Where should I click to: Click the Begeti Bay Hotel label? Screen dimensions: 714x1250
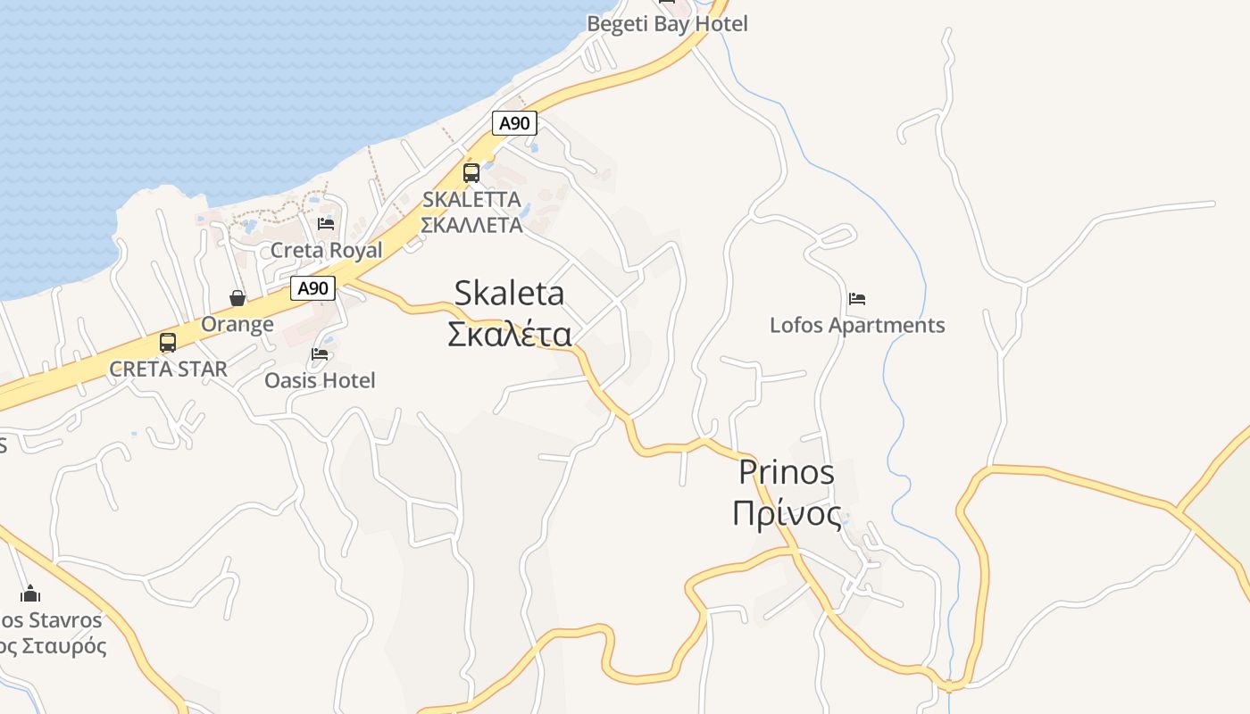667,24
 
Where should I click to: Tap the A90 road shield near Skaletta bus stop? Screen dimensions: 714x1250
514,123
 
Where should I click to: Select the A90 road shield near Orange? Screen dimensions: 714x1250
312,288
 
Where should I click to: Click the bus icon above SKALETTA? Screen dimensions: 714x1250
471,173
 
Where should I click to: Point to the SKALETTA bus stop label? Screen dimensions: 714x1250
471,200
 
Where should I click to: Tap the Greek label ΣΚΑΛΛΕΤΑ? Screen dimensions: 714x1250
471,225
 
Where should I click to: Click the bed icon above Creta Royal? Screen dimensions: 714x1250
326,224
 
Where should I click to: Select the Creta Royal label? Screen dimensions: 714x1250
326,250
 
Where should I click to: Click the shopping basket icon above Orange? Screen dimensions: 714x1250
237,298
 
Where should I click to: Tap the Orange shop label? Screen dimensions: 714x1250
237,324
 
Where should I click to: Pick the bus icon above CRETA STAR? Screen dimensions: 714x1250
168,343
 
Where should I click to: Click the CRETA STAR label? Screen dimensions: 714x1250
168,369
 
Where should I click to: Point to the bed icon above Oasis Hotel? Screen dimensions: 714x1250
320,354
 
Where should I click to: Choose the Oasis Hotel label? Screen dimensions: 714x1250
320,380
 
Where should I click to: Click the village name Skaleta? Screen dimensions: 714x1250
509,293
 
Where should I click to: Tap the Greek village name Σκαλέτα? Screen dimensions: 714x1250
509,333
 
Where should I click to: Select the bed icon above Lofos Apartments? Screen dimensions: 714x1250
857,299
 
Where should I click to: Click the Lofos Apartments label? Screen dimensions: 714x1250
857,325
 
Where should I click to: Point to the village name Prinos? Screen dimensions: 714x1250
787,472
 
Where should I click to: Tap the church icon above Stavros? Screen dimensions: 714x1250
31,594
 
